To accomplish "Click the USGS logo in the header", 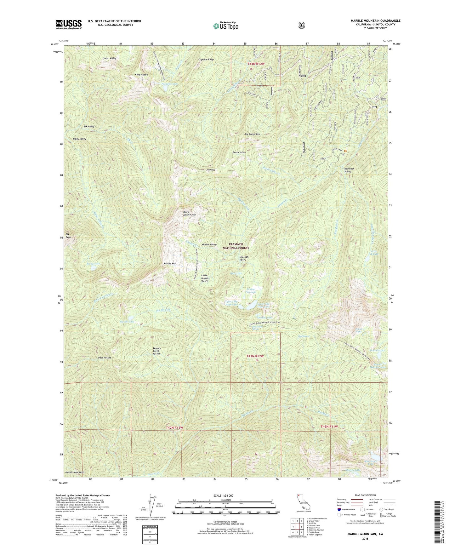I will [x=69, y=24].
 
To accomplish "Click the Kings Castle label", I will [x=141, y=75].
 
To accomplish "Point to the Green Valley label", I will [x=109, y=59].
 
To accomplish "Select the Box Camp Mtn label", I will [x=252, y=134].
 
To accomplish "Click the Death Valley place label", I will [x=239, y=152].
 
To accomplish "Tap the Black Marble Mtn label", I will [x=189, y=213].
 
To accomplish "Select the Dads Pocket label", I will [x=105, y=358].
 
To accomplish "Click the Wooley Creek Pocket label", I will [x=156, y=351].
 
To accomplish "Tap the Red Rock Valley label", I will [x=349, y=170].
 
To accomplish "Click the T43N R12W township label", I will [x=255, y=356].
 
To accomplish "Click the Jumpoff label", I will [x=211, y=170].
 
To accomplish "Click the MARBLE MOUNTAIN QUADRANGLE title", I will [x=375, y=21].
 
